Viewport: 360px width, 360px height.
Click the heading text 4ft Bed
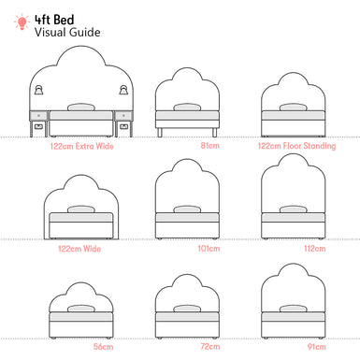pyautogui.click(x=54, y=17)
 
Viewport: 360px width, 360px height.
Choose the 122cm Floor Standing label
pyautogui.click(x=293, y=145)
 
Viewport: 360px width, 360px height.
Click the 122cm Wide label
pyautogui.click(x=79, y=250)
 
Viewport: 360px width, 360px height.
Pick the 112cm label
pyautogui.click(x=293, y=250)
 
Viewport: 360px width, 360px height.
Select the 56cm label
pyautogui.click(x=79, y=347)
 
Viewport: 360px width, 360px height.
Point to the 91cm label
pyautogui.click(x=293, y=347)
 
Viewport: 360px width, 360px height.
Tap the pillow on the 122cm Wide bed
pyautogui.click(x=81, y=209)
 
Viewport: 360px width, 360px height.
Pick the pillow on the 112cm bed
pyautogui.click(x=293, y=209)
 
